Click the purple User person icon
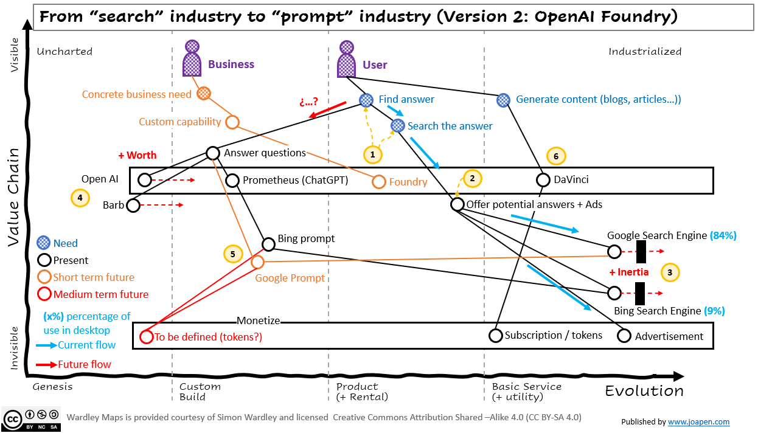347,59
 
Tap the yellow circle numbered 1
373,154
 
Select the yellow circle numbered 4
80,198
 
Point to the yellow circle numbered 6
556,156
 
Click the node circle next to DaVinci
543,180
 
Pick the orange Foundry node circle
379,181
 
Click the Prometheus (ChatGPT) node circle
232,180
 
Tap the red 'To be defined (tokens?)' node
146,337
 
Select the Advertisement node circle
624,336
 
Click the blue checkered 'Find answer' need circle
366,100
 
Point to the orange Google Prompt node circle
258,262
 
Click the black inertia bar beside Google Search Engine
641,251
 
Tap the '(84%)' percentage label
723,235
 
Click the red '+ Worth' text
137,155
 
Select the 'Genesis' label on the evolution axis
52,386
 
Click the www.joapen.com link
698,421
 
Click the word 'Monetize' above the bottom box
259,320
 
